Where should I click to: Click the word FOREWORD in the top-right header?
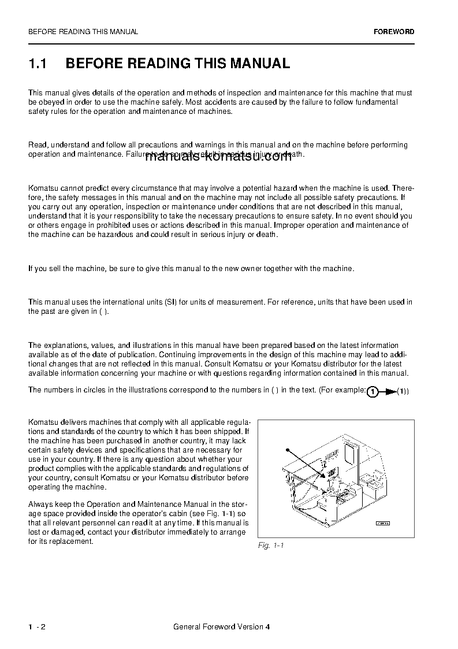coord(393,32)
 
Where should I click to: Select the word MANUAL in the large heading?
coord(260,64)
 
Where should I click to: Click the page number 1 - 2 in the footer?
coord(36,627)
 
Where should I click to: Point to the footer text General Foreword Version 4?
coord(221,627)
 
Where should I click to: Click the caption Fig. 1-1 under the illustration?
coord(271,546)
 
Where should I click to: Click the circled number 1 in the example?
coord(373,392)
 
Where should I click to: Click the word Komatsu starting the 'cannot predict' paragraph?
coord(42,188)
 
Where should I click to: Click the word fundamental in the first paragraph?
coord(376,102)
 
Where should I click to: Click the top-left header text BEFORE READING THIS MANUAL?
coord(83,32)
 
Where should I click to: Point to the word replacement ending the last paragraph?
coord(72,542)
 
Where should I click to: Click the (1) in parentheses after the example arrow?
coord(403,392)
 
